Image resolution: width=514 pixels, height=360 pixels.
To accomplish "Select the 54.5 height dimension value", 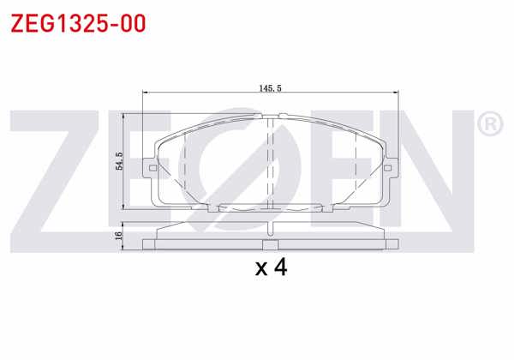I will click(121, 160).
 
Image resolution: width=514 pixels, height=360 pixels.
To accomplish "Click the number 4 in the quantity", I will click(279, 268).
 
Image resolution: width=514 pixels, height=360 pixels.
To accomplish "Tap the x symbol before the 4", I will click(261, 270).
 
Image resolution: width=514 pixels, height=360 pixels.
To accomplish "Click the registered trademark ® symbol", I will click(488, 125).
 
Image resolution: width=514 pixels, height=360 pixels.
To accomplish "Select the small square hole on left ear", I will click(151, 167).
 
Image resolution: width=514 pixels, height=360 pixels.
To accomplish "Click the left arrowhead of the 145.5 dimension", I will click(146, 93).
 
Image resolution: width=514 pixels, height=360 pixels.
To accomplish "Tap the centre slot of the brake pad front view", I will click(271, 163).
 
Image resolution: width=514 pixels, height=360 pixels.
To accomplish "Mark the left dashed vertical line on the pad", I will click(186, 163).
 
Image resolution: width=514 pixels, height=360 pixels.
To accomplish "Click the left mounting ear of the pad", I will click(150, 167).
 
